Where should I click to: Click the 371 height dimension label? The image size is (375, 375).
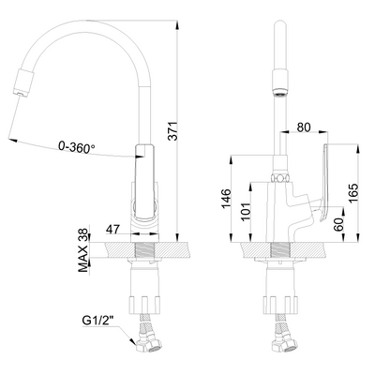coord(172,131)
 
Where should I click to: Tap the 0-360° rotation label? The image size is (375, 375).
coord(77,147)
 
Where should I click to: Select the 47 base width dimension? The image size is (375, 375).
coord(112,230)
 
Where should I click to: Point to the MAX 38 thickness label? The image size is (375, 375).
coord(83,249)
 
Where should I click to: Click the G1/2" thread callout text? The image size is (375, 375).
coord(97,321)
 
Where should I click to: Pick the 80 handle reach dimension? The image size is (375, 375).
coord(304,127)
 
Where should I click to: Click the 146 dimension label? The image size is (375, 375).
coord(226,198)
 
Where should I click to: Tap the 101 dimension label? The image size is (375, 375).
coord(247,212)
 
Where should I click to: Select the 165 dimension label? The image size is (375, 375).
coord(353,193)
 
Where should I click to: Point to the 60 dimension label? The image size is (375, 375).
coord(338,225)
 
